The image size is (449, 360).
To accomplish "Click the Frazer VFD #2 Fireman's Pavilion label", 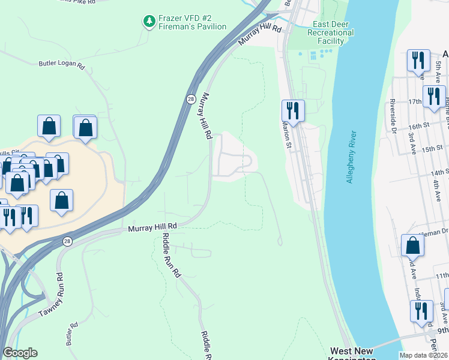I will (192, 23).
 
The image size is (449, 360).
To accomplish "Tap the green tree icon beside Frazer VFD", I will (148, 22).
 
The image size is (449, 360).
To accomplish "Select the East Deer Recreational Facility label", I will (330, 32).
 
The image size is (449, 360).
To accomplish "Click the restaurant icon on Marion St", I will (293, 110).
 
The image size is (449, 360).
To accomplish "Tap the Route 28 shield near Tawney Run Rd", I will (68, 241).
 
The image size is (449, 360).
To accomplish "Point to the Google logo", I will (20, 353).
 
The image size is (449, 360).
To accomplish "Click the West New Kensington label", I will (352, 354).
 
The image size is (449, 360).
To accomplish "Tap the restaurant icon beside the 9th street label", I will (422, 311).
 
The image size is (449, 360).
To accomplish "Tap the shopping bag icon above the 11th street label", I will (412, 245).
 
